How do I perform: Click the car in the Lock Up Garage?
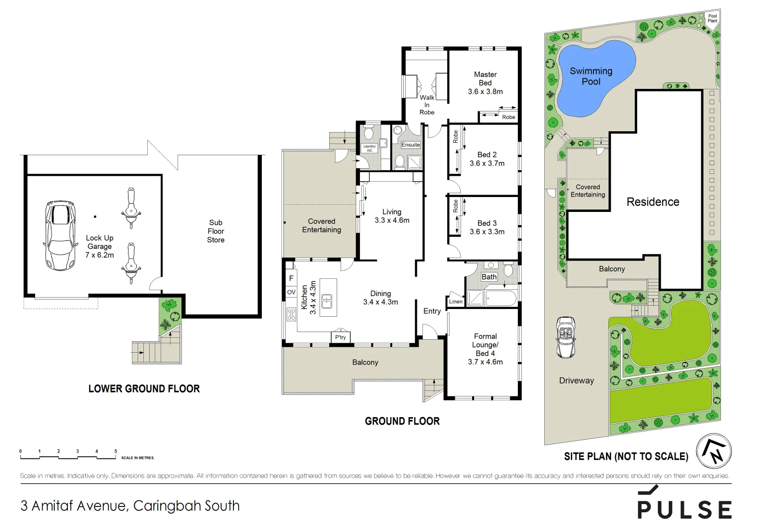coord(60,235)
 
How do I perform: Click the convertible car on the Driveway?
coord(565,337)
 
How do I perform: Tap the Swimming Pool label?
coord(591,76)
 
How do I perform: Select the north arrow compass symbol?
coord(714,451)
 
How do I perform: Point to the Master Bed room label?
coord(485,78)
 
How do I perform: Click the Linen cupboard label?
coord(455,302)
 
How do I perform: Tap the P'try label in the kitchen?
coord(340,337)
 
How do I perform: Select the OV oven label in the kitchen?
coord(291,292)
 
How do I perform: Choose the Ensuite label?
coord(411,145)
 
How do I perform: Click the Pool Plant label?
coord(712,18)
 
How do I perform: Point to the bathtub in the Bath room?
coord(501,298)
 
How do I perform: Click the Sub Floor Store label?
coord(216,231)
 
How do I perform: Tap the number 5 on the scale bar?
coord(116,451)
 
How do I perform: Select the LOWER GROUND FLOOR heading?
coord(144,389)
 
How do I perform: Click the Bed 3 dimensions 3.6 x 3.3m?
coord(487,232)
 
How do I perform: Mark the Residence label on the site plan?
coord(653,202)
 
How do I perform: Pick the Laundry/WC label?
coord(370,148)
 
